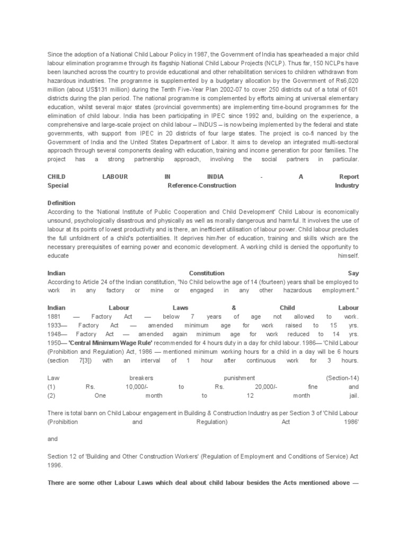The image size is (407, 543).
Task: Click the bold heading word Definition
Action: (x=61, y=203)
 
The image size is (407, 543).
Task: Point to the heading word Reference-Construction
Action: (x=201, y=186)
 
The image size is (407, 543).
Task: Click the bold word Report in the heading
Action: (x=349, y=177)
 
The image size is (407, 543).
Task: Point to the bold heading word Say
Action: (x=353, y=273)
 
